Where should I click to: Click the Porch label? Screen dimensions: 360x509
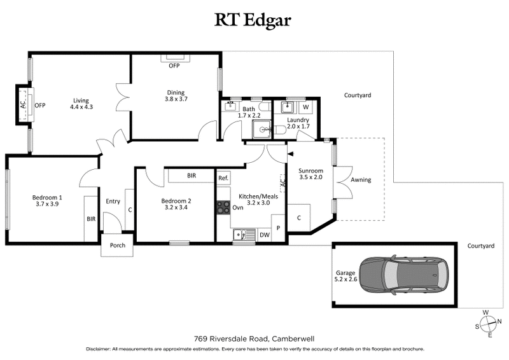[x=118, y=246]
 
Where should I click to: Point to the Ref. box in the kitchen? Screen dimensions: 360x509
[x=223, y=179]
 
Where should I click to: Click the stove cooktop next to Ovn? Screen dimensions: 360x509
[x=223, y=207]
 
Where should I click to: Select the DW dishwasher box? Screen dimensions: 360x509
[x=263, y=235]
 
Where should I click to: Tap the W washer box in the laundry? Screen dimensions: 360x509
[x=305, y=107]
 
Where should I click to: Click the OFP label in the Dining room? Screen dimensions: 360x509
[x=174, y=66]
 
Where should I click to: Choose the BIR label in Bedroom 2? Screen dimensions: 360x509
[x=192, y=176]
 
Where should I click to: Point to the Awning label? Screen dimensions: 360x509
[x=361, y=180]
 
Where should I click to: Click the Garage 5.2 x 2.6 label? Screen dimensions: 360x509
[x=345, y=275]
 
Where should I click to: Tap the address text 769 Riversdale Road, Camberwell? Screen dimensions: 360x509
[x=254, y=338]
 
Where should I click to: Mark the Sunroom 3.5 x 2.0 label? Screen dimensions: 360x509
[x=311, y=174]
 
